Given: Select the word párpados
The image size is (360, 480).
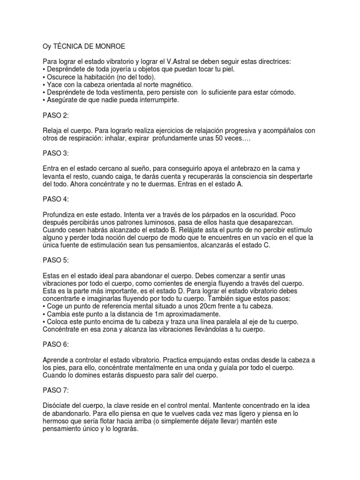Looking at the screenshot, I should pos(213,214).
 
